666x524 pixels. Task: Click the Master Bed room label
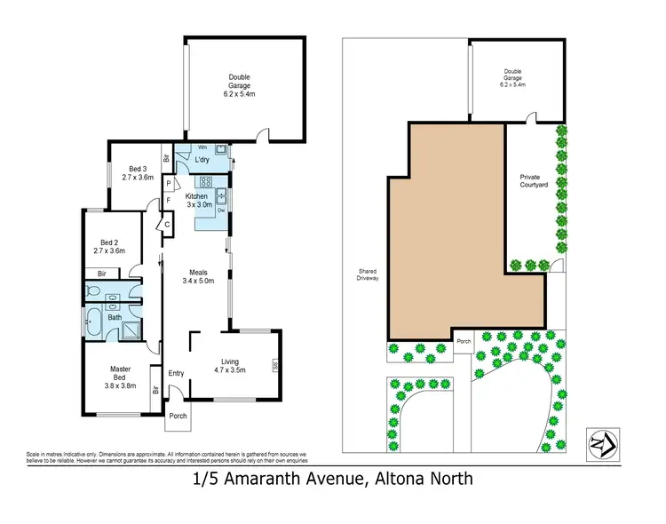(121, 377)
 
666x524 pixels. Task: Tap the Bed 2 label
(110, 246)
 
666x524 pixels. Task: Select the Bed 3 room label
(138, 172)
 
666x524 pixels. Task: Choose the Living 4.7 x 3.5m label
(230, 365)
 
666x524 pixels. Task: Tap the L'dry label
(202, 160)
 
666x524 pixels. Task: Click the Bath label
(115, 317)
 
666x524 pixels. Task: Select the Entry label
(176, 373)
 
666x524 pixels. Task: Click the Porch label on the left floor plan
(178, 416)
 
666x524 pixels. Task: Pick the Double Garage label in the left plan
(239, 83)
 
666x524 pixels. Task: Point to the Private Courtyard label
(534, 180)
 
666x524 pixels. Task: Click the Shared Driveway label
(368, 275)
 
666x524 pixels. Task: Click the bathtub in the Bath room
(94, 323)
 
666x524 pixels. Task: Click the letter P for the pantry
(167, 185)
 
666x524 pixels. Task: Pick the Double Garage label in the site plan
(513, 78)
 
